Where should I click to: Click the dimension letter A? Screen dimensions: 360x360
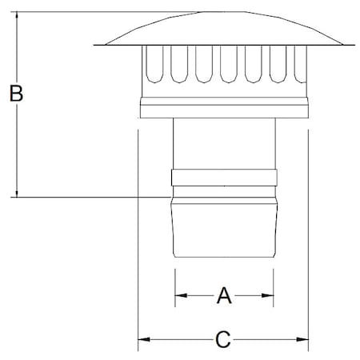click(224, 296)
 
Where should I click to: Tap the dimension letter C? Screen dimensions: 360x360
click(224, 340)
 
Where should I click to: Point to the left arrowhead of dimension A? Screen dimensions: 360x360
click(179, 296)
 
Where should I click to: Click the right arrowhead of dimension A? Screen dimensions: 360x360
click(269, 296)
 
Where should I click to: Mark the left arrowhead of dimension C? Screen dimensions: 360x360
click(144, 340)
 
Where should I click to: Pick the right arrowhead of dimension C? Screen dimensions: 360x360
click(304, 340)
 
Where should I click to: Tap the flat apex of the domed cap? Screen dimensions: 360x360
click(222, 13)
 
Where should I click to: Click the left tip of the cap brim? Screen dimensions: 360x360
click(95, 44)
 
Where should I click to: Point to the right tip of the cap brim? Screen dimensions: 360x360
click(353, 44)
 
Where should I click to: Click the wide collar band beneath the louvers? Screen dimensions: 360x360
click(224, 109)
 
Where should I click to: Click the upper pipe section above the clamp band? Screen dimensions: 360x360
click(224, 144)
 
